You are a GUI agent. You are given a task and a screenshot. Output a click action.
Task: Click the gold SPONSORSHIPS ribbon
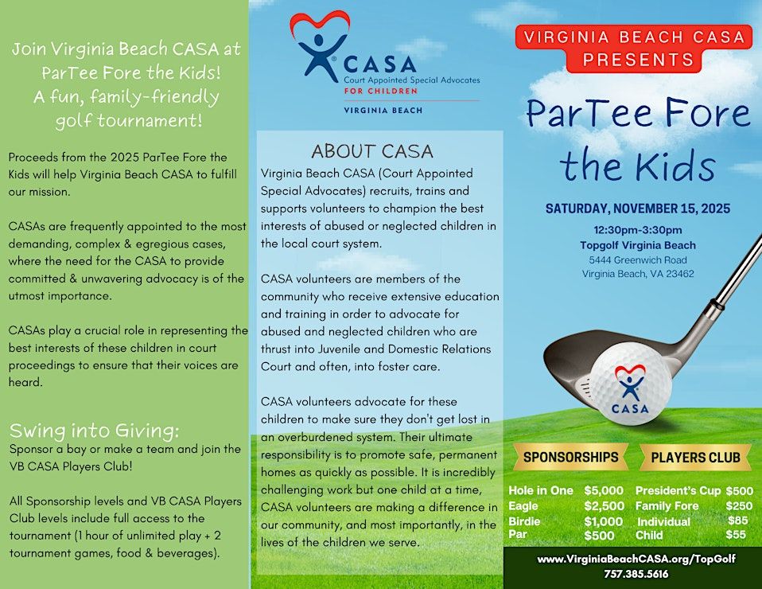click(x=570, y=457)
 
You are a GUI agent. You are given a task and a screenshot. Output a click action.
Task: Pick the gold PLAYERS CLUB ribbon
click(x=695, y=457)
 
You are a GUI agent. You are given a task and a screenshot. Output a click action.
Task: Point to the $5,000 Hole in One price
click(x=604, y=490)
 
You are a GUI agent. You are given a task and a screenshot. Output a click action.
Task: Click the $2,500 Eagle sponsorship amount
click(x=604, y=505)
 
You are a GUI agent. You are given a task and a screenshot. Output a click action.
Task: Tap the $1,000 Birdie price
click(x=604, y=521)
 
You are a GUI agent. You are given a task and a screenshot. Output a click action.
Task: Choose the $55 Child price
click(x=736, y=535)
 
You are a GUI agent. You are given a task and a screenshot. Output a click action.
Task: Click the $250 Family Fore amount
click(x=739, y=505)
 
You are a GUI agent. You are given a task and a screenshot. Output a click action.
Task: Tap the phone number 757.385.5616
click(x=636, y=573)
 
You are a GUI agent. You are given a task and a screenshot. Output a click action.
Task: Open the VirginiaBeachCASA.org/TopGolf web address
click(x=636, y=559)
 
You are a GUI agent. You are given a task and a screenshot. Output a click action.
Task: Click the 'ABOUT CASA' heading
click(x=372, y=151)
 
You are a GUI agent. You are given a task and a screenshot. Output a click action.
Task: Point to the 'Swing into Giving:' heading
click(x=95, y=431)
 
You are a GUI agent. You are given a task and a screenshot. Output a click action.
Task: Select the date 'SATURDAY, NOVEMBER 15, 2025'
click(x=637, y=209)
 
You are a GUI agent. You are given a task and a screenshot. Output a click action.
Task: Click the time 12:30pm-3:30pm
click(x=637, y=230)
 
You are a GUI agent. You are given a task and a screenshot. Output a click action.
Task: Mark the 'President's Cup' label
click(x=677, y=490)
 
